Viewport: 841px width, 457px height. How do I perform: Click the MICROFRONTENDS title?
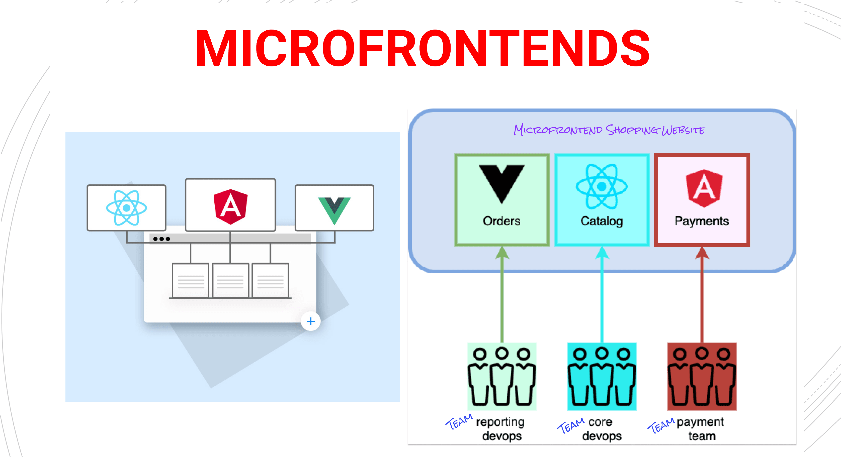click(x=423, y=48)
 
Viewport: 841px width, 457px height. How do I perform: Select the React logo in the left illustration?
click(x=126, y=208)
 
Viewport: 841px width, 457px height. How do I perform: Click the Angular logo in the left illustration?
click(x=230, y=206)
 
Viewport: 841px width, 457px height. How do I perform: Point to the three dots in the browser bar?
click(x=161, y=239)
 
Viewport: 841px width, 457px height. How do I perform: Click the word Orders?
click(x=501, y=221)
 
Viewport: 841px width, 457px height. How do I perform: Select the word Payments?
click(x=702, y=221)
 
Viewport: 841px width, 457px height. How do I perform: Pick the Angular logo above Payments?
click(x=704, y=188)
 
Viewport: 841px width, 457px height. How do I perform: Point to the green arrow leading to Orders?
click(x=502, y=294)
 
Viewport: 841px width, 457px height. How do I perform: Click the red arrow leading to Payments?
click(x=702, y=294)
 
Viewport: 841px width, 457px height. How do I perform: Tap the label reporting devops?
click(x=500, y=429)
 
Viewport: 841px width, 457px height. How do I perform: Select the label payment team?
click(x=701, y=429)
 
